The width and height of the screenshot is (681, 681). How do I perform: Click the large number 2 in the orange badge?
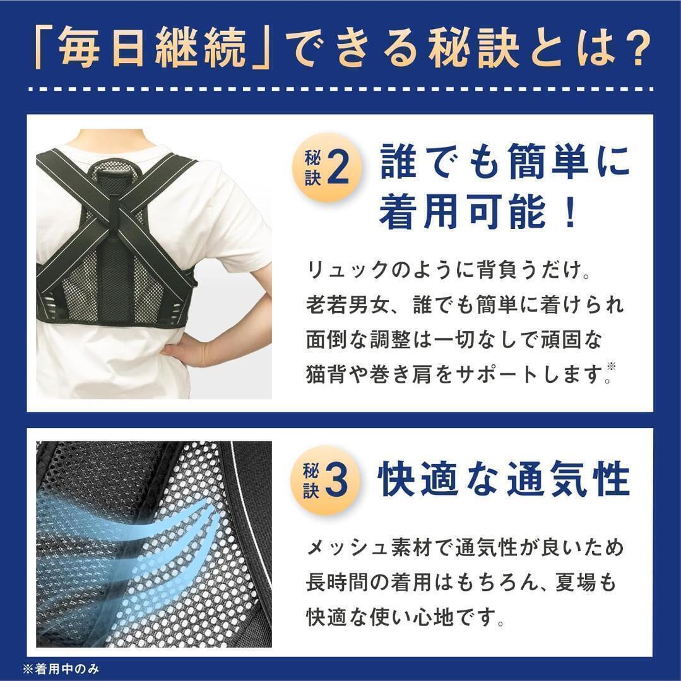[x=338, y=170]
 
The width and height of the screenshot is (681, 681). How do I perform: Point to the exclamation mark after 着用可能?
[x=567, y=212]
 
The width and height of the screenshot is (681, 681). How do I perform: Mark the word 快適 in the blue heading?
[x=418, y=480]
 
